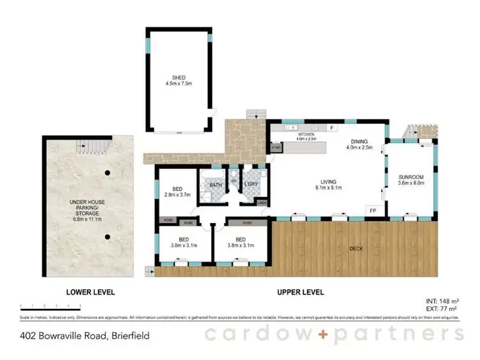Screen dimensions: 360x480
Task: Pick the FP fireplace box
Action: point(372,210)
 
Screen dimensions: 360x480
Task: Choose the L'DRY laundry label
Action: point(250,185)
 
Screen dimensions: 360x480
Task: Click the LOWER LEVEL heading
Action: point(90,292)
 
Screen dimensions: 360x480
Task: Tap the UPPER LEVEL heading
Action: point(300,292)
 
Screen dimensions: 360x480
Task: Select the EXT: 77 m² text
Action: point(442,308)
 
